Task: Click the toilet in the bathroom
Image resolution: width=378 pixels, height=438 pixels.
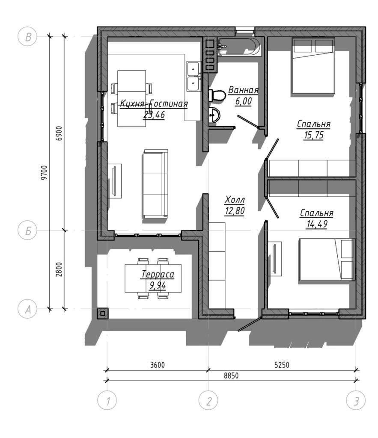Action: click(x=217, y=95)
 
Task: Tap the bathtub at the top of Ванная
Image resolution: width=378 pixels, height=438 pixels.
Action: click(x=240, y=46)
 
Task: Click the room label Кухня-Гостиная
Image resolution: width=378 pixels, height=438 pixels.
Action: click(x=154, y=104)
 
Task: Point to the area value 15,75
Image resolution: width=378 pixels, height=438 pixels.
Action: click(x=313, y=135)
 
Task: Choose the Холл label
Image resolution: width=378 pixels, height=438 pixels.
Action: click(x=235, y=200)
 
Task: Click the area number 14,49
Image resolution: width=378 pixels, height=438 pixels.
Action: click(x=317, y=224)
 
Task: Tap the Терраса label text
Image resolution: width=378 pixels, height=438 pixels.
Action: click(x=158, y=274)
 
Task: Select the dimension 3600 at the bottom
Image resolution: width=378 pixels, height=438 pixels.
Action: click(x=158, y=365)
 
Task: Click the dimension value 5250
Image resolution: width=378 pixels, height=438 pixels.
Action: click(x=282, y=365)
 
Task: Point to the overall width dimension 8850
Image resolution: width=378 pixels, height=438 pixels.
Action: click(x=231, y=376)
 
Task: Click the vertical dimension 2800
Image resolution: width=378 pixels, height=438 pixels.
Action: click(x=59, y=269)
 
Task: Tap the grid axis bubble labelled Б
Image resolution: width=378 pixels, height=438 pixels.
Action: click(x=27, y=231)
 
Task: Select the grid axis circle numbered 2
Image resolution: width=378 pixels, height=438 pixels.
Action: click(x=208, y=400)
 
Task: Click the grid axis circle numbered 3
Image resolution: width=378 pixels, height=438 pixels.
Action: click(x=356, y=400)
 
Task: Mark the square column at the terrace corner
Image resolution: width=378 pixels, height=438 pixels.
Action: click(x=103, y=314)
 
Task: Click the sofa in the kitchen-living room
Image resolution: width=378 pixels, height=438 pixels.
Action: click(x=155, y=183)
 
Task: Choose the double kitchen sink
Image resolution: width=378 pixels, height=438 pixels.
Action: click(x=193, y=76)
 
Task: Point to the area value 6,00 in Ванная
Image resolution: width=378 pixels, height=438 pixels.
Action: click(x=243, y=101)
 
